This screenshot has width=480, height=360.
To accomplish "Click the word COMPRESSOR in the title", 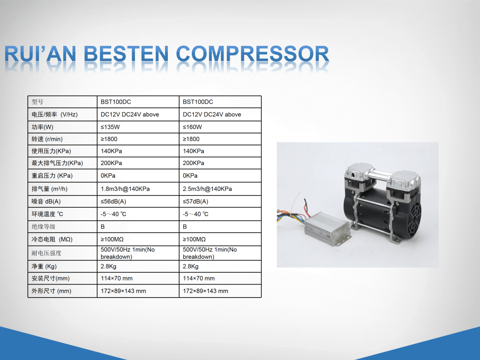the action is pos(253,54).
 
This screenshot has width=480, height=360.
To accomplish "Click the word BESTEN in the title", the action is pos(126,54).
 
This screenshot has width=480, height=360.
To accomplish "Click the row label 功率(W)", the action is pos(43,127).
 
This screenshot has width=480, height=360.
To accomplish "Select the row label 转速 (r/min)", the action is pos(47,139).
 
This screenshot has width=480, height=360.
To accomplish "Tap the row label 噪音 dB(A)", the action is pos(46,202).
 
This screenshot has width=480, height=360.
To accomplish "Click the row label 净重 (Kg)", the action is pos(44,266).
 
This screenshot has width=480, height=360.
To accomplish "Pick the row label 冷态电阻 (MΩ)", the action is pos(52,240).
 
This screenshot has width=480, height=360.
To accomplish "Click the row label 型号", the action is pos(37,102).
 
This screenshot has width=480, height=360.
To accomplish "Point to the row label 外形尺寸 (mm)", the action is pos(52,291).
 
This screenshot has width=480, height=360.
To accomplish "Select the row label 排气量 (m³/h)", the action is pos(50,189).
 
